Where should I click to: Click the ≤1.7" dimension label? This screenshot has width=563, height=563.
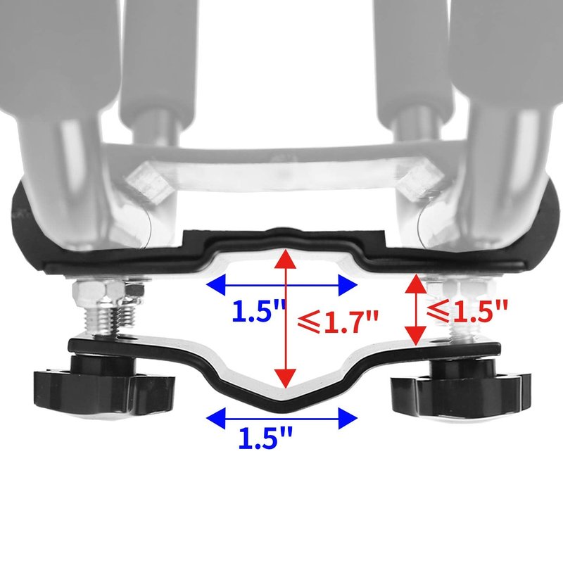tap(338, 322)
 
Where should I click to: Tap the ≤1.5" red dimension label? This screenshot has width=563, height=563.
tap(467, 311)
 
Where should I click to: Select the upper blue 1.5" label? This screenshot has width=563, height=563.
tap(258, 311)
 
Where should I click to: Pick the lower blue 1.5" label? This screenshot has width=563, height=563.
tap(265, 437)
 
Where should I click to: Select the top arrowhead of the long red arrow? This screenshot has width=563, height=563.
tap(286, 258)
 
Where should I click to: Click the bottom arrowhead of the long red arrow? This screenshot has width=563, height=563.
tap(286, 379)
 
